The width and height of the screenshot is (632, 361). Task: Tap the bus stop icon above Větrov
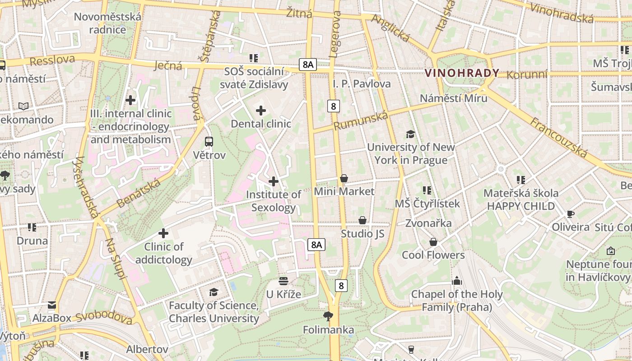[209, 142]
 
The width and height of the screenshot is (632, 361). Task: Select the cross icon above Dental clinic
[261, 111]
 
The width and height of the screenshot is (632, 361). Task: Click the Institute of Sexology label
[274, 201]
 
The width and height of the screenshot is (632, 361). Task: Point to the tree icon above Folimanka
[328, 316]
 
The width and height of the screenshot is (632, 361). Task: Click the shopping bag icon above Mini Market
[344, 179]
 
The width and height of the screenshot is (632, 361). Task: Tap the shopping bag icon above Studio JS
[362, 220]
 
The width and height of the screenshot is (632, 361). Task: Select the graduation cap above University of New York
[410, 134]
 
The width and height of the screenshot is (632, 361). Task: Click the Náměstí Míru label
[453, 98]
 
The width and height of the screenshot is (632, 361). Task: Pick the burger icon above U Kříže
[283, 281]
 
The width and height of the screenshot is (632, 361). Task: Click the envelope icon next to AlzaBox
[52, 305]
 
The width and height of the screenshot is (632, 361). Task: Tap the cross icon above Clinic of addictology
[163, 233]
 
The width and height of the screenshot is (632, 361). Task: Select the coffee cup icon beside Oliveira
[571, 214]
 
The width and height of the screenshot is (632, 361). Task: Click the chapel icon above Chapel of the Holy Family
[457, 281]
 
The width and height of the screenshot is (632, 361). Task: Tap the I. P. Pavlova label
[362, 83]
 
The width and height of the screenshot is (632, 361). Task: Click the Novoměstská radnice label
[107, 23]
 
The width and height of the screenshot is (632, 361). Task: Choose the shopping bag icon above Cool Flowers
[433, 242]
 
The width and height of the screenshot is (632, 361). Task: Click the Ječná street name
[168, 65]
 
